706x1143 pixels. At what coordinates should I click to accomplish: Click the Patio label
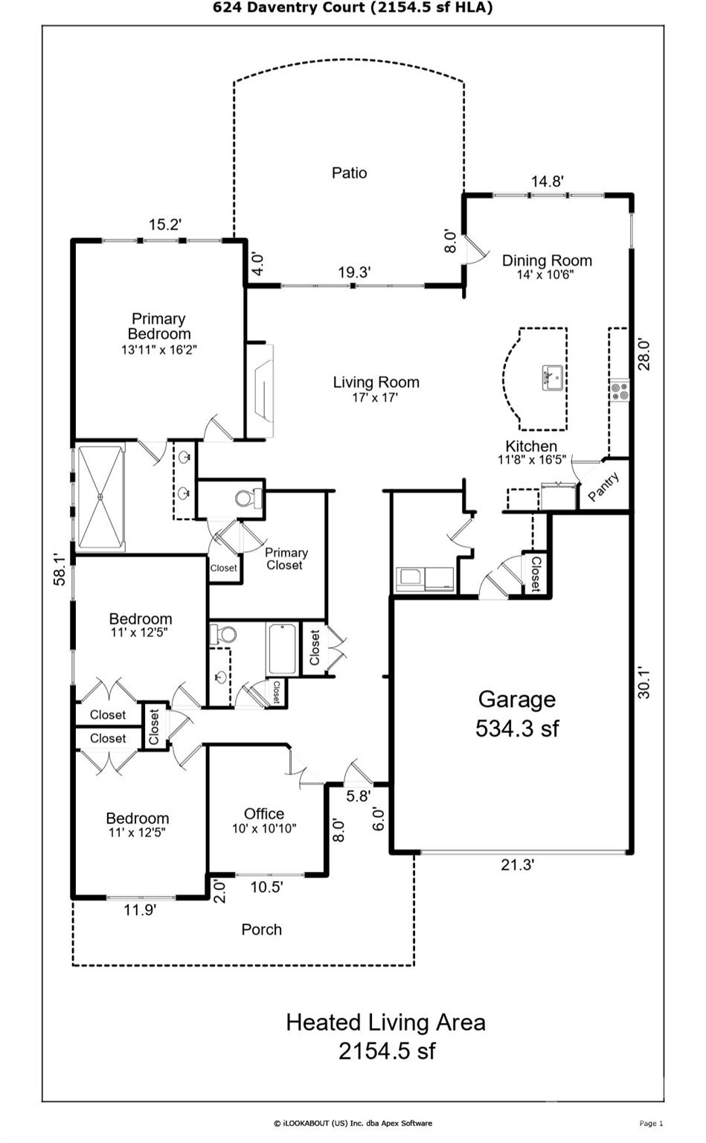(349, 173)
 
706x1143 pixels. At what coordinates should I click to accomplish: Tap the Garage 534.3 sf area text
(517, 728)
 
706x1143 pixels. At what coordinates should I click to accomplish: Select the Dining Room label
(547, 260)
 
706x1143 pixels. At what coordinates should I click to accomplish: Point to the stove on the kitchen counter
(619, 391)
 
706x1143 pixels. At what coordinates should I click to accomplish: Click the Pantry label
(603, 488)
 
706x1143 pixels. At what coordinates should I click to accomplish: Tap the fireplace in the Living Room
(262, 391)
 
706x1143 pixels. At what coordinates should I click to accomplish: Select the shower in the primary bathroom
(100, 497)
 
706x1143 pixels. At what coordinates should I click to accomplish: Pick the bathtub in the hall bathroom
(283, 649)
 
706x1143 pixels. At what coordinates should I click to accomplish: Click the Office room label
(264, 813)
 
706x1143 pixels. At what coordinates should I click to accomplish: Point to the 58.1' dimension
(60, 569)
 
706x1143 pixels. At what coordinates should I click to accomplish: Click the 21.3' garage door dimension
(517, 865)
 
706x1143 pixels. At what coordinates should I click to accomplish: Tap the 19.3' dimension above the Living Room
(354, 272)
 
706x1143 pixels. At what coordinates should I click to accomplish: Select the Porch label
(261, 929)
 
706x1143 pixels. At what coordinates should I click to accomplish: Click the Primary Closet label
(286, 559)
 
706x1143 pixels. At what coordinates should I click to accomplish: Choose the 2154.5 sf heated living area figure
(386, 1051)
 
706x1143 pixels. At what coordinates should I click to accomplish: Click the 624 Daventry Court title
(353, 7)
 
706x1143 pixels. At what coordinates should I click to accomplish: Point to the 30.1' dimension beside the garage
(644, 682)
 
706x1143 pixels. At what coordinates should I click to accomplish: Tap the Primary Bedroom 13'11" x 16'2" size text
(158, 349)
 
